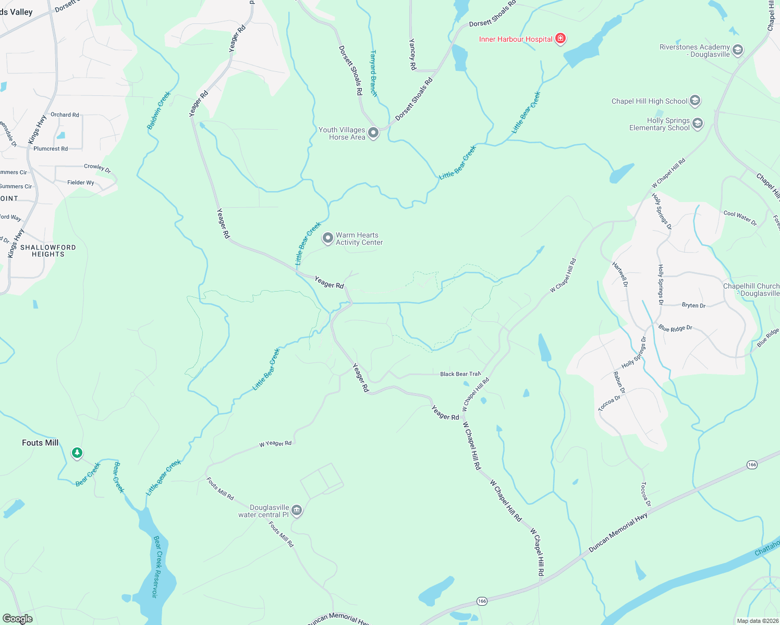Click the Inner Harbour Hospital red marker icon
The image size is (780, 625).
pyautogui.click(x=560, y=38)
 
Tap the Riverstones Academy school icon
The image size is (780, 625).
pyautogui.click(x=737, y=50)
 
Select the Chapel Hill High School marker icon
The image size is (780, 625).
pyautogui.click(x=694, y=101)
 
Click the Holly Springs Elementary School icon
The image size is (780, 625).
pyautogui.click(x=698, y=123)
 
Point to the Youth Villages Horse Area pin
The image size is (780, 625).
pyautogui.click(x=373, y=132)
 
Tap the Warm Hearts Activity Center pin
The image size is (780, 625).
pyautogui.click(x=327, y=238)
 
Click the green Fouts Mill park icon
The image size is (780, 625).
pyautogui.click(x=77, y=453)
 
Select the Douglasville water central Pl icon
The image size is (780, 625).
pyautogui.click(x=297, y=510)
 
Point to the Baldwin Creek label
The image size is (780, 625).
pyautogui.click(x=159, y=110)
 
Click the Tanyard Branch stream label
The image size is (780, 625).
pyautogui.click(x=373, y=73)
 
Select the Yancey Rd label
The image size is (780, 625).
pyautogui.click(x=412, y=55)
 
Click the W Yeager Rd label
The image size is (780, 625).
pyautogui.click(x=275, y=444)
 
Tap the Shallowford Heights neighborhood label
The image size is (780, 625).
pyautogui.click(x=48, y=251)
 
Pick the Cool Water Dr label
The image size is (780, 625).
pyautogui.click(x=740, y=217)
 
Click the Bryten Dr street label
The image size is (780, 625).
pyautogui.click(x=693, y=305)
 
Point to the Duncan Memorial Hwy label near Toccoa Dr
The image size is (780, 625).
pyautogui.click(x=618, y=533)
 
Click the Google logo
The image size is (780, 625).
pyautogui.click(x=17, y=619)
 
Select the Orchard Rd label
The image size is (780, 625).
pyautogui.click(x=65, y=115)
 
